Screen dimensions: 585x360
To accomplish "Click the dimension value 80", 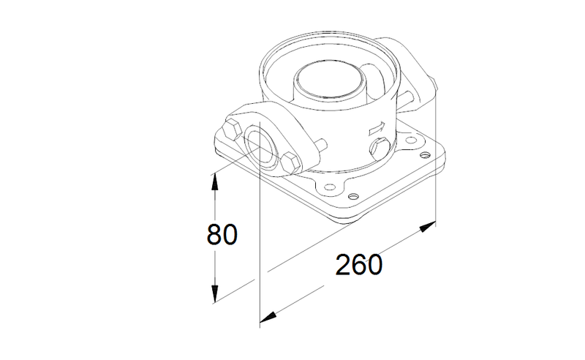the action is pos(222,235).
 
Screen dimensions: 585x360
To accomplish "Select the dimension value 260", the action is pos(359,265).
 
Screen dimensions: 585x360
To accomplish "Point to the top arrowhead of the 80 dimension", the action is pos(214,182).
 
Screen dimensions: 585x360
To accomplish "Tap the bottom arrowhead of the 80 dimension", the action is pos(214,294).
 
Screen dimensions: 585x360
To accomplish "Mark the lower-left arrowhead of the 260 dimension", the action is pos(268,318).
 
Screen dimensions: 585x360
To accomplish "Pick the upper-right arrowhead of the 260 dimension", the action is pos(428,226).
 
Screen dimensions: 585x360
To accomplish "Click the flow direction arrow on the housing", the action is pos(377,129).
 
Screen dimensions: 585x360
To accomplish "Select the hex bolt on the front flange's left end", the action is pos(232,129).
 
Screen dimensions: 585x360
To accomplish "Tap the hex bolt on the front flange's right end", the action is pos(290,163).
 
